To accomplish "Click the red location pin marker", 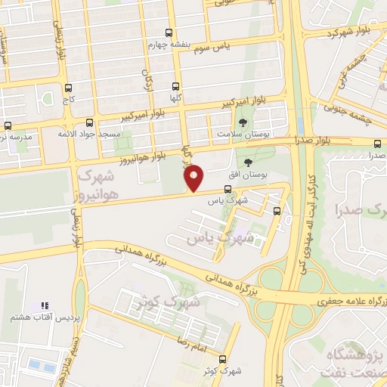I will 194,178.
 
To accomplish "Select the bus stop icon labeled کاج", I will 69,88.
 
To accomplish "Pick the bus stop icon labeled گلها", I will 176,87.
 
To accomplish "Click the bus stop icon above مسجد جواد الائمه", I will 90,122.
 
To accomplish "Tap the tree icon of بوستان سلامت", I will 243,122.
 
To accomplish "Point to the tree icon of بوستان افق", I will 249,162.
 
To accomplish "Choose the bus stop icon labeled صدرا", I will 377,143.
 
